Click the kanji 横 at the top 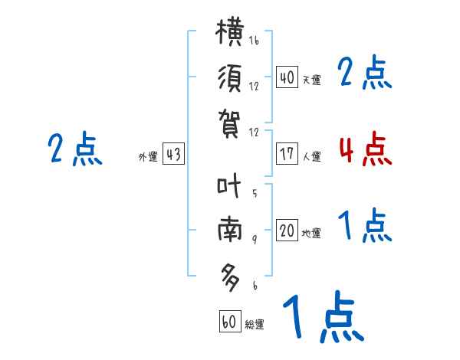click(x=229, y=31)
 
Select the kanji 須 click(x=230, y=78)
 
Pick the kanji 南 click(x=230, y=230)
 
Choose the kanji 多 click(x=230, y=277)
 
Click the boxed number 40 click(x=287, y=77)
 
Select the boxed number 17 click(x=287, y=154)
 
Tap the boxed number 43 click(x=174, y=154)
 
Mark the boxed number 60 click(x=230, y=321)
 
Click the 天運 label click(x=312, y=80)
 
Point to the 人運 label click(x=312, y=156)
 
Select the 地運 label click(x=311, y=233)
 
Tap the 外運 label click(x=148, y=156)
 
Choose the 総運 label click(x=255, y=324)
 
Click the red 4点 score click(x=366, y=149)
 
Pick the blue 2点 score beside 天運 click(x=365, y=72)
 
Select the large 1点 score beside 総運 click(x=324, y=316)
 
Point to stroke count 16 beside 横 click(x=254, y=40)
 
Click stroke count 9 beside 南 click(x=255, y=240)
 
